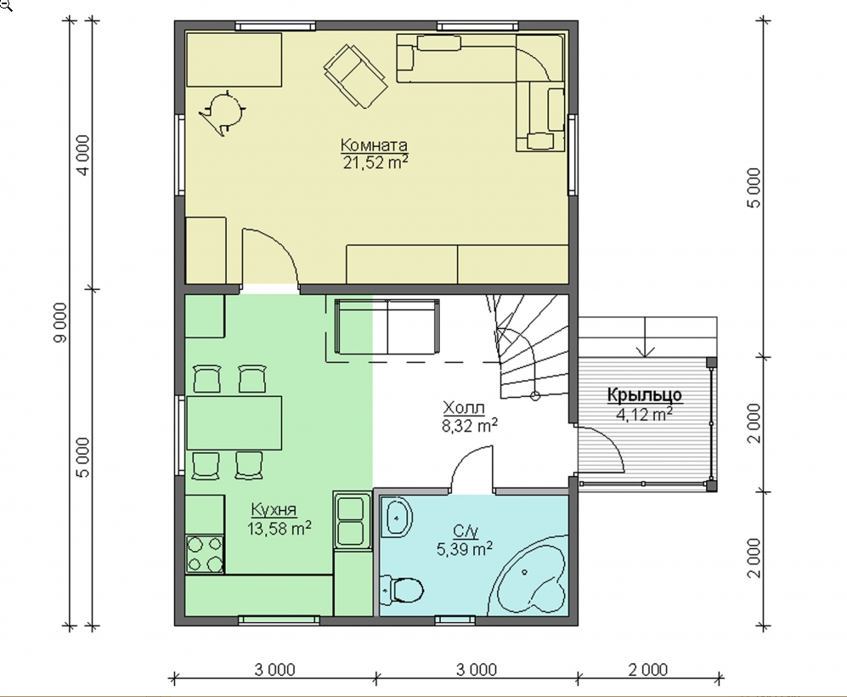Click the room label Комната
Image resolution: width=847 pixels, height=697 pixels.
[x=374, y=145]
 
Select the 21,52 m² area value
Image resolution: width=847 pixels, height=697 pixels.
[x=375, y=162]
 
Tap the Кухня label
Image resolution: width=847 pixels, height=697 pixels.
[x=274, y=509]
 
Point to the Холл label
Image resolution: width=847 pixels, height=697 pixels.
[x=464, y=407]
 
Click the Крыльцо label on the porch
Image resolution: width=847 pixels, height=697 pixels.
[x=645, y=395]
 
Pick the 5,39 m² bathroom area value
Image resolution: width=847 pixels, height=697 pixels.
[x=465, y=549]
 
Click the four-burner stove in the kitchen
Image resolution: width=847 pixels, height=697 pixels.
[x=205, y=554]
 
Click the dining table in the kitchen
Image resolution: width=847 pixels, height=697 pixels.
[x=234, y=423]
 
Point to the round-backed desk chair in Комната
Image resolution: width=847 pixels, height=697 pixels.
[x=223, y=112]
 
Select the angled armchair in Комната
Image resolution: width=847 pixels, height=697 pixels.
[x=355, y=76]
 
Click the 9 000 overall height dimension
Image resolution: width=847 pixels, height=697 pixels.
[x=60, y=322]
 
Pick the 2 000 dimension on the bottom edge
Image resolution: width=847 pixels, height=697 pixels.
[x=648, y=670]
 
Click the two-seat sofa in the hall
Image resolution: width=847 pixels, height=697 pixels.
[x=387, y=327]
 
